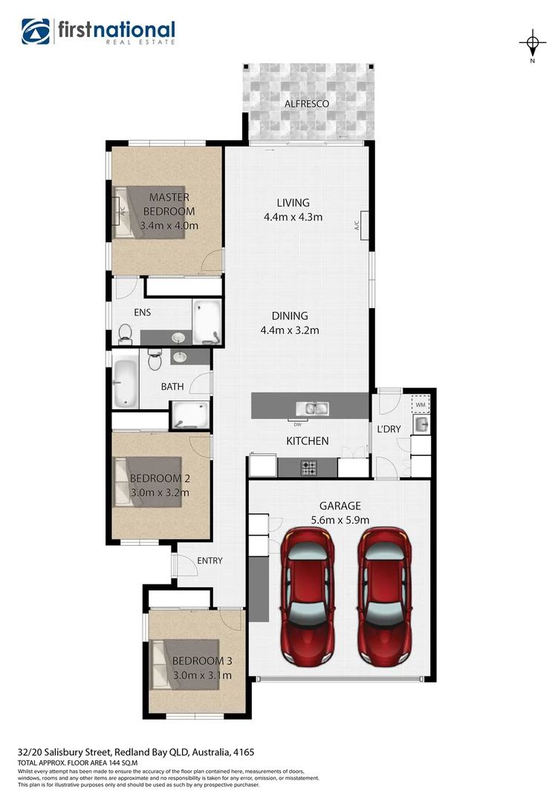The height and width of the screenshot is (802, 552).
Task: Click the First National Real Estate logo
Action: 98,32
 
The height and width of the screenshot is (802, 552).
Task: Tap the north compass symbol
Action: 532,44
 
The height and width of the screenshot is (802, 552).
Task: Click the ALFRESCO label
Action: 306,104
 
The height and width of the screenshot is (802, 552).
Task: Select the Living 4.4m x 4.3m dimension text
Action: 293,218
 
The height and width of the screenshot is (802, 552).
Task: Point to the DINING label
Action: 290,316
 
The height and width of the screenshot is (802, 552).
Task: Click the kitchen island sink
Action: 312,408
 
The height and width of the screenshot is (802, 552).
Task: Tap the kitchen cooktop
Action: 308,468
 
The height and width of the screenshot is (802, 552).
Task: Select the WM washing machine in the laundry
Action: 420,404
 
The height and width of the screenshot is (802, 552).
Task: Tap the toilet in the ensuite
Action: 125,333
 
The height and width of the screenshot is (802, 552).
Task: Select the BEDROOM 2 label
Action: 160,478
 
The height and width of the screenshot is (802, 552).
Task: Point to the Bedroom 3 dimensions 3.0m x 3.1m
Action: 201,675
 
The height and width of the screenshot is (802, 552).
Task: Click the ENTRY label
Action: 210,561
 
